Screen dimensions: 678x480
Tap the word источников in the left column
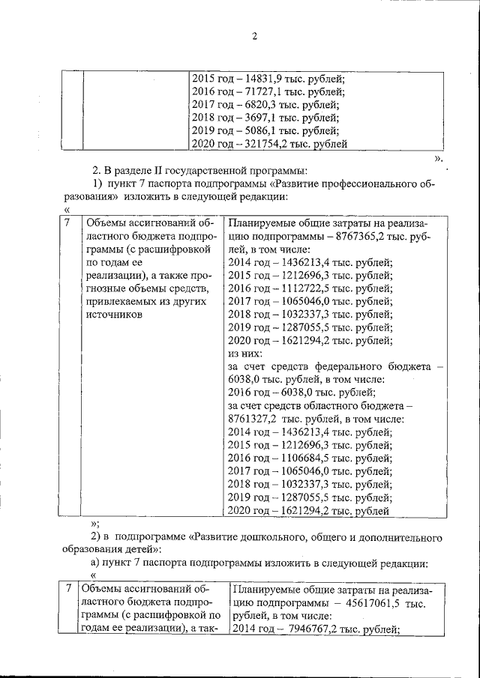pos(113,315)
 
